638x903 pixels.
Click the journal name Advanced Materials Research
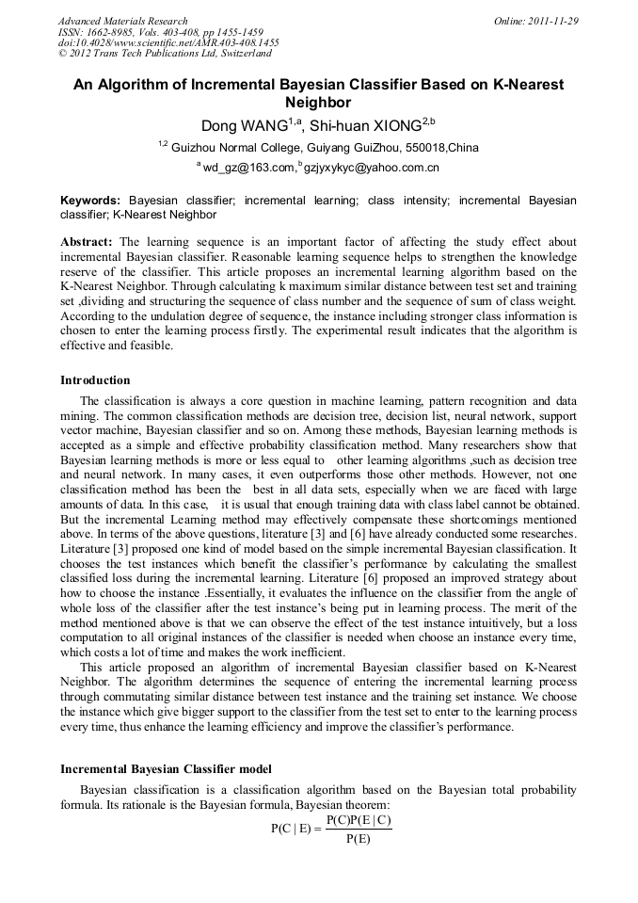click(x=122, y=21)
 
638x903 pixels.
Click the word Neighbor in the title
click(x=318, y=103)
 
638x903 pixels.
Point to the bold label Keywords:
click(x=90, y=201)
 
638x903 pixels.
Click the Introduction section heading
click(x=95, y=380)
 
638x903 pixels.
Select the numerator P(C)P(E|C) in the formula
click(x=359, y=820)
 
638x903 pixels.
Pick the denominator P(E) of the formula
click(x=359, y=839)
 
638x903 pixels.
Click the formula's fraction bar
click(x=359, y=830)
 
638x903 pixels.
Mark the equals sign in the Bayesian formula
click(x=317, y=830)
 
